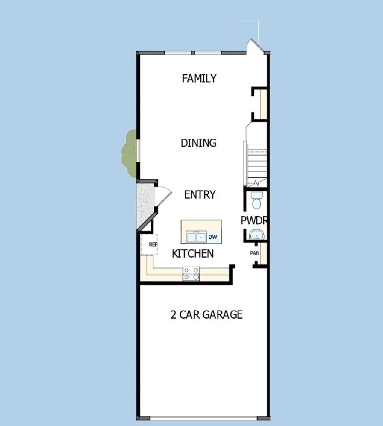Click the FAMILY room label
199,78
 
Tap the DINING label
198,143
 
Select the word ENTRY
200,195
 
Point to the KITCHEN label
193,254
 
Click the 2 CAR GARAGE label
206,315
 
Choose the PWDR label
254,220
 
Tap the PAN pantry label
255,253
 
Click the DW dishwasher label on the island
213,237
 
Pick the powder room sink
257,235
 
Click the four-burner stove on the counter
191,274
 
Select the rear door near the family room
255,46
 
